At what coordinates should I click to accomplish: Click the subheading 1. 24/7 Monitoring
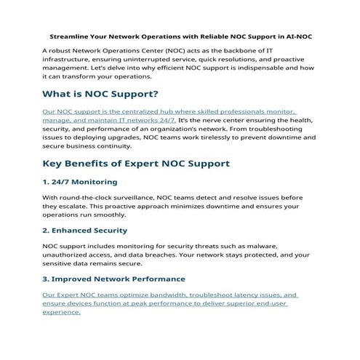tap(79, 181)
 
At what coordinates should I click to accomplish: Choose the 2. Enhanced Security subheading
tap(84, 231)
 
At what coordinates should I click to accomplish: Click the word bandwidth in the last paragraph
tap(156, 295)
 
